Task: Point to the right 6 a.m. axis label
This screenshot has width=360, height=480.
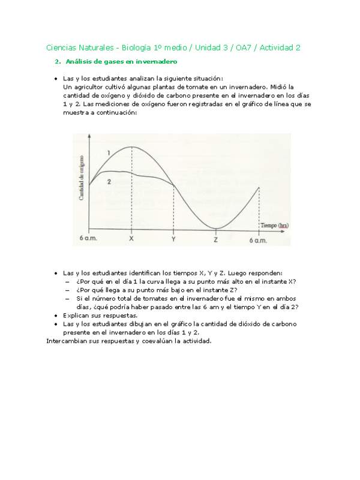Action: coord(259,240)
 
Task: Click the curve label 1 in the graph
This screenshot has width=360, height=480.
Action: coord(108,154)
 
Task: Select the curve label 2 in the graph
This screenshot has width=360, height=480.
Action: coord(109,181)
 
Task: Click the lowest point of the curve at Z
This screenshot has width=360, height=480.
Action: coord(216,229)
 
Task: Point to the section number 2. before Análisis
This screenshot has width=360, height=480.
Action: coord(57,62)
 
